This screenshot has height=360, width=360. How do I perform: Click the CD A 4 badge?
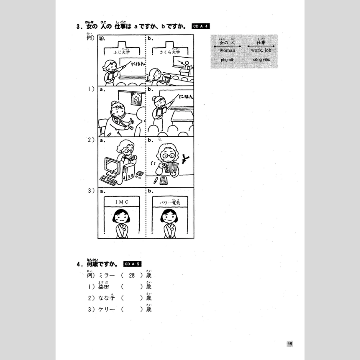[201, 27]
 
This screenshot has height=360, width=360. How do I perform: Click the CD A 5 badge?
[132, 264]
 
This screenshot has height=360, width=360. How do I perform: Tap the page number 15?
[290, 344]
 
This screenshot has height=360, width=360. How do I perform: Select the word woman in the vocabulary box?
[227, 51]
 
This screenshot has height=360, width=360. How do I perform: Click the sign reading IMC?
[122, 202]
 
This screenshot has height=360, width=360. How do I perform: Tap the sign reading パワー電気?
[170, 202]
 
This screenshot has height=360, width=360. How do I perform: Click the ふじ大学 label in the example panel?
[122, 52]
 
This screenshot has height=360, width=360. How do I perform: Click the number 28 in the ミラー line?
[132, 275]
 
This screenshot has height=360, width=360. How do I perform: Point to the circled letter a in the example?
[102, 39]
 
